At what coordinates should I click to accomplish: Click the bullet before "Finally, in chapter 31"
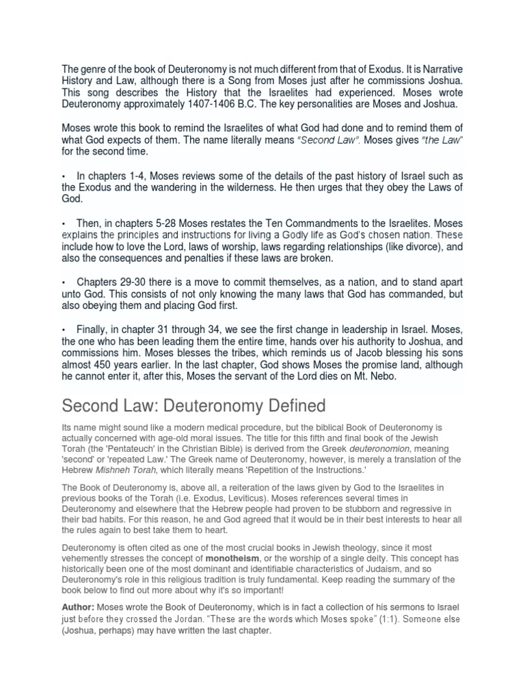tap(65, 330)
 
